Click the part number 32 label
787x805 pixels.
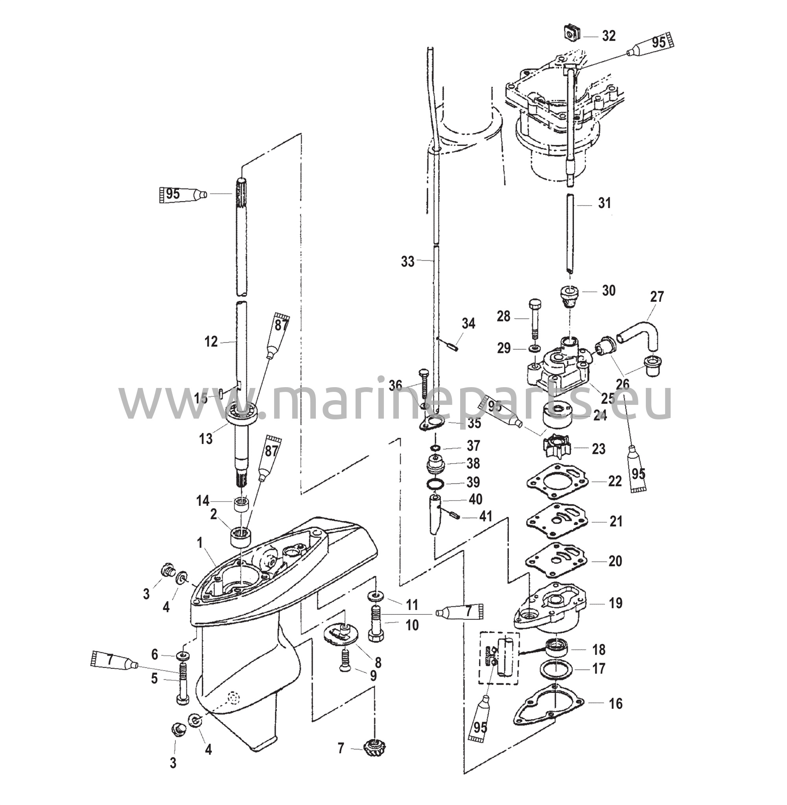tap(608, 36)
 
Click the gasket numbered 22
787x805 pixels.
tap(557, 482)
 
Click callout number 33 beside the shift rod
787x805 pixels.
tap(407, 261)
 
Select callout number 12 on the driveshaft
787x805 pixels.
tap(211, 342)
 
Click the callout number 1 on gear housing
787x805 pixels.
tap(200, 543)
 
